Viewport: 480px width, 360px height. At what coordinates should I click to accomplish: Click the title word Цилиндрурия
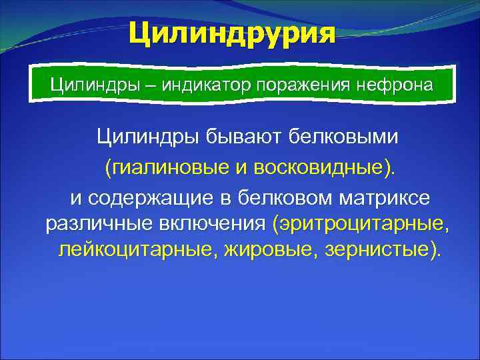pos(232,33)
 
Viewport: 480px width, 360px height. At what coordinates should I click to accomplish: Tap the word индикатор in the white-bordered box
pos(199,86)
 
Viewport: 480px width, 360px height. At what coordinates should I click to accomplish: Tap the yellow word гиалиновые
pos(171,167)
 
